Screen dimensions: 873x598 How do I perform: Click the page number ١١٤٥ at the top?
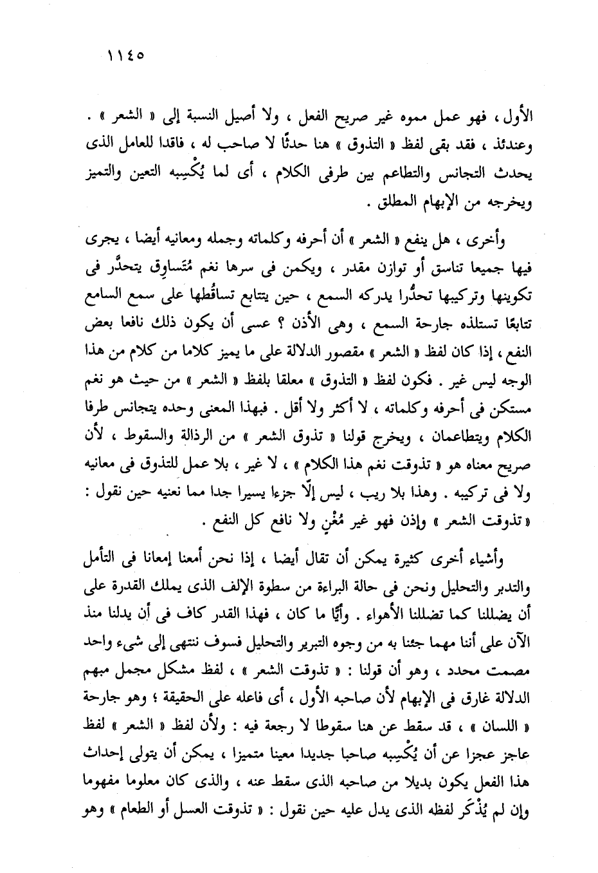click(125, 55)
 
